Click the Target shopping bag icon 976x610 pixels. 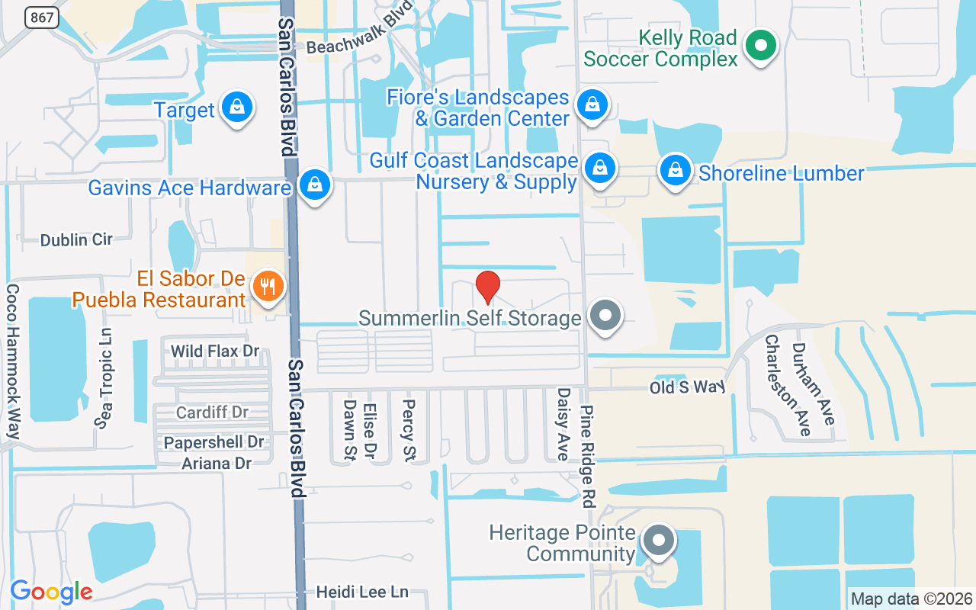click(237, 108)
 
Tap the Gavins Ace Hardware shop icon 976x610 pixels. click(313, 185)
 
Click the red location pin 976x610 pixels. click(488, 287)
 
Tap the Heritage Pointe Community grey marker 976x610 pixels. click(659, 541)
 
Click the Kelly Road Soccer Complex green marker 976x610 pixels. click(759, 46)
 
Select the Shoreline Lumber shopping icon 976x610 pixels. click(675, 171)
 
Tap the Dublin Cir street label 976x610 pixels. click(76, 239)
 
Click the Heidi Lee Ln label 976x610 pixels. click(363, 592)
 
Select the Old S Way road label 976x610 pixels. click(686, 387)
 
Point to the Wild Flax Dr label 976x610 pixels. click(215, 352)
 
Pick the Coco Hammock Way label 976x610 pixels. click(13, 361)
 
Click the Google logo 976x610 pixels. click(52, 591)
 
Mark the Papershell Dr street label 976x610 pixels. click(213, 442)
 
